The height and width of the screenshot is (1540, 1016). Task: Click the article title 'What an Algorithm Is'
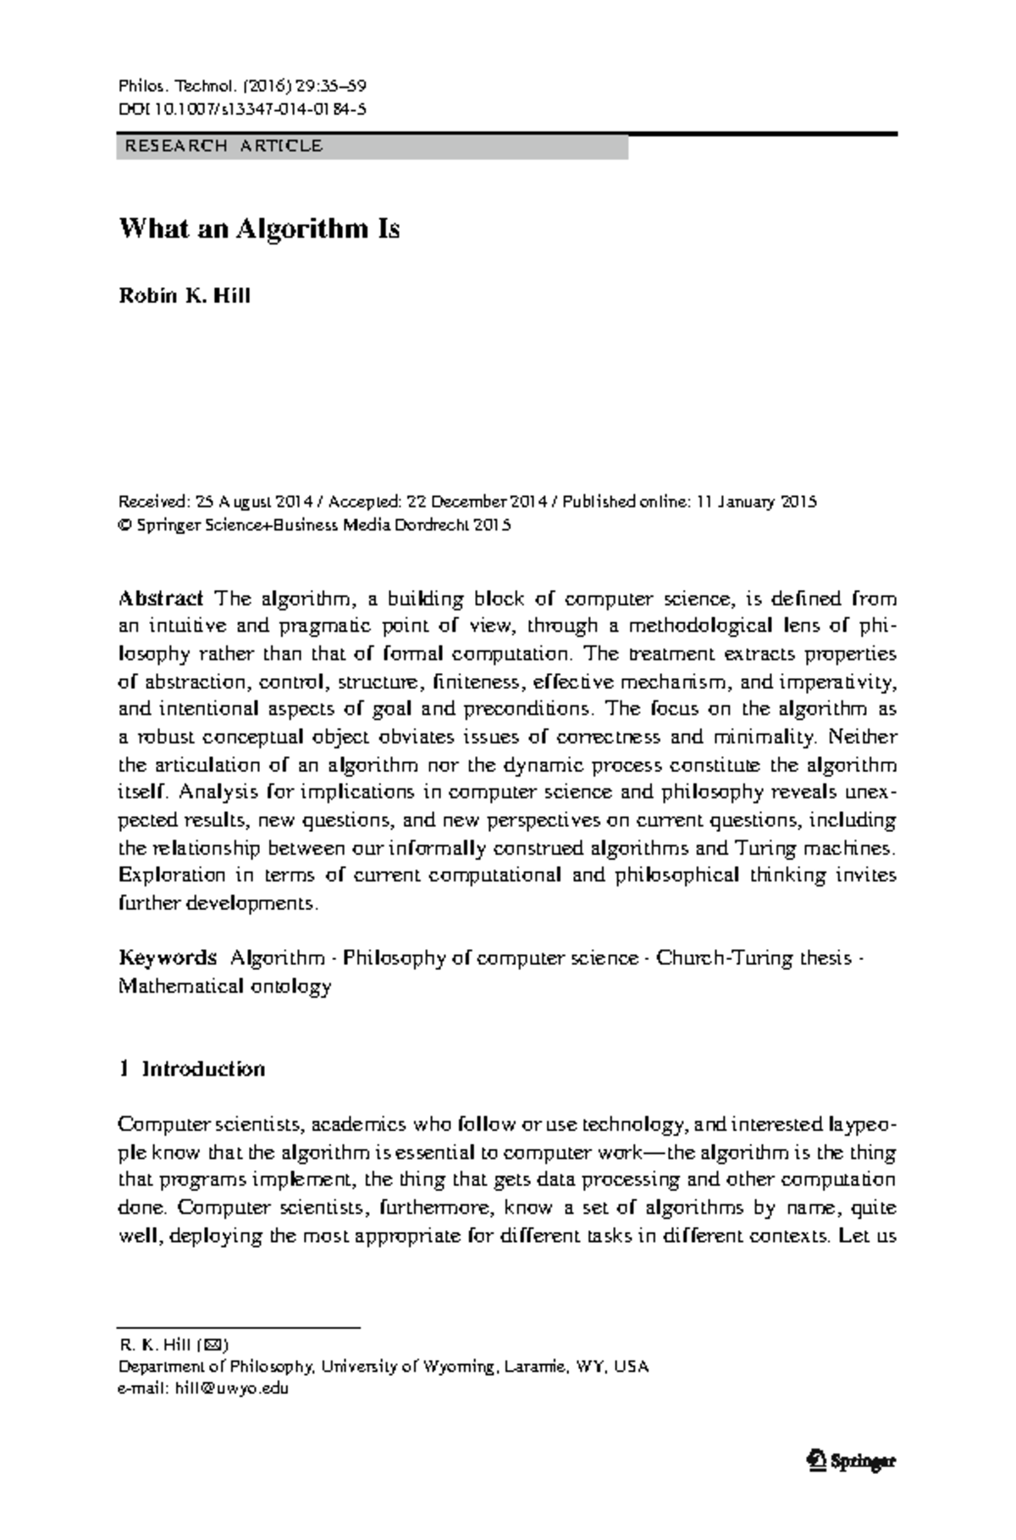point(258,229)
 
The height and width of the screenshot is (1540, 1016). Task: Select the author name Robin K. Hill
point(184,296)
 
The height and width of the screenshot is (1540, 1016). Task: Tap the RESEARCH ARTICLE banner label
point(224,146)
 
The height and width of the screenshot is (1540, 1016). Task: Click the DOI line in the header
point(241,108)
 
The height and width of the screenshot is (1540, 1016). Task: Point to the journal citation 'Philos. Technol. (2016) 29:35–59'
point(241,86)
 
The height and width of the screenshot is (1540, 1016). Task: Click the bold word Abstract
point(161,599)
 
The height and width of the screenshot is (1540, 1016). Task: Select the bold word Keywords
point(168,958)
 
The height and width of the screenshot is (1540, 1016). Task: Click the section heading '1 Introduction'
point(192,1069)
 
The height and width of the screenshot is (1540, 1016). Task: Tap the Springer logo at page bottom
point(851,1460)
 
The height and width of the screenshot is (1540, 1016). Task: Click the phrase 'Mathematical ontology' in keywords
point(224,986)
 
